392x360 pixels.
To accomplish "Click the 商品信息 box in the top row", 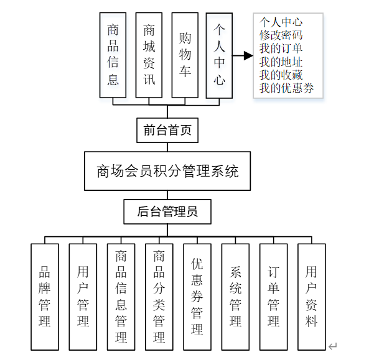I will coord(113,55).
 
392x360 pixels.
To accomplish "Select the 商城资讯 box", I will coord(149,55).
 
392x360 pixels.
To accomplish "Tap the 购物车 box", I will coord(184,55).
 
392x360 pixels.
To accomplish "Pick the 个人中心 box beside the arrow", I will coord(219,55).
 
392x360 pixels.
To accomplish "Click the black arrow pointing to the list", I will coord(244,56).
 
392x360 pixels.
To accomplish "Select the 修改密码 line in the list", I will coord(281,35).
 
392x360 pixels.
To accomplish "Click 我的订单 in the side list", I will coord(281,48).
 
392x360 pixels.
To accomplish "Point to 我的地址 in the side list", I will coord(281,62).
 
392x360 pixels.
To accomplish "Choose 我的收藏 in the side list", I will coord(281,75).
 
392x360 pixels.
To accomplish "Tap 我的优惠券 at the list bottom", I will coord(287,88).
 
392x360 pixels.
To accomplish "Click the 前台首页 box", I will coord(167,131).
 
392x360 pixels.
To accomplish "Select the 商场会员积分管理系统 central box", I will coord(167,171).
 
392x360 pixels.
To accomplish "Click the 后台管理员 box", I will coord(167,211).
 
